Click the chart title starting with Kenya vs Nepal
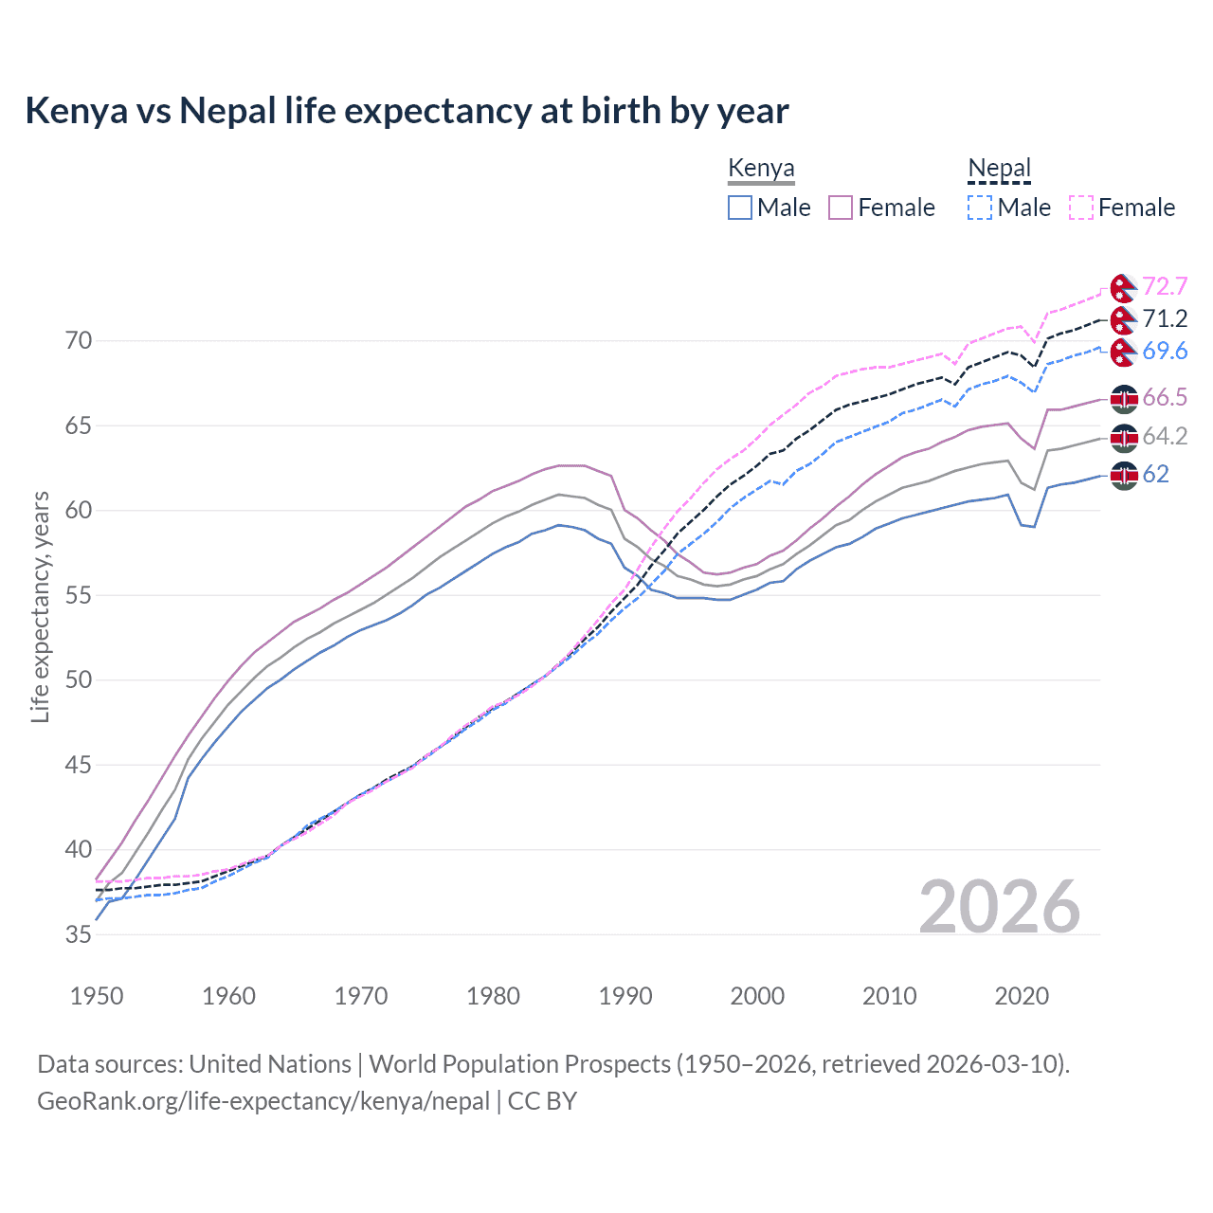pos(407,111)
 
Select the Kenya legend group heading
pos(761,169)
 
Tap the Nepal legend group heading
pos(999,169)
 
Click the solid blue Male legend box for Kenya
pos(740,208)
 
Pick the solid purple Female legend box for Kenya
pos(841,208)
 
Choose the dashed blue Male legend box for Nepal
pos(980,208)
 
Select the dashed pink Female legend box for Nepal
pos(1081,208)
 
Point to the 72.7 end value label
pos(1165,286)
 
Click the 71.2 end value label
pos(1165,318)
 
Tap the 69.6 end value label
pos(1165,351)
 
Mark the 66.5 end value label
pos(1165,397)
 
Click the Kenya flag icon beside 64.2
pos(1124,437)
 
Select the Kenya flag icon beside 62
pos(1124,475)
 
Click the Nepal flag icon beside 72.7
pos(1123,287)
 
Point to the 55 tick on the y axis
pos(79,595)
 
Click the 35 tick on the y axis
pos(79,934)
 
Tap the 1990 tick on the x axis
pos(625,996)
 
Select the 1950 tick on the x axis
pos(97,996)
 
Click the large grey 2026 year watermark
pos(999,907)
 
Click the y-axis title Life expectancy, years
pos(40,606)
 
